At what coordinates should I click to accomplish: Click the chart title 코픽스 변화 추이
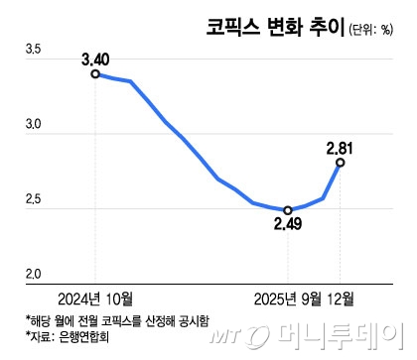[276, 27]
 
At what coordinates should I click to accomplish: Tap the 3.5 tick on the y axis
[34, 75]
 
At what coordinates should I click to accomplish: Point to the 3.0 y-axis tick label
[34, 126]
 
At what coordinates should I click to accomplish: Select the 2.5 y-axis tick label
[34, 202]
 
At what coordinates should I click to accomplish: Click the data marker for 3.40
[95, 73]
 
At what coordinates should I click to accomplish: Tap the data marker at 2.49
[288, 210]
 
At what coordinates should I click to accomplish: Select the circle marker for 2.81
[341, 162]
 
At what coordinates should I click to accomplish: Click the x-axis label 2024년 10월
[95, 298]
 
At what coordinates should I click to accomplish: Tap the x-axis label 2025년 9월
[288, 298]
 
